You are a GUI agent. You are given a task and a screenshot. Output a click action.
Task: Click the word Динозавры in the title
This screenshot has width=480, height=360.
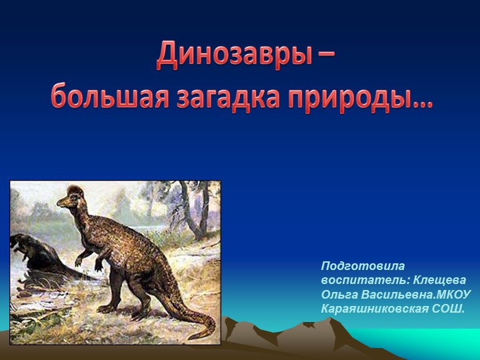click(230, 56)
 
